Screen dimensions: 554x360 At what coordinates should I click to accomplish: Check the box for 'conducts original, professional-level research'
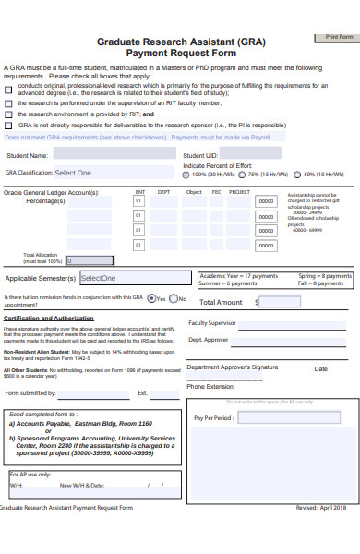tap(9, 85)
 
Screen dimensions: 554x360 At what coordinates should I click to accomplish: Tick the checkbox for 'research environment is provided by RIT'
tap(9, 114)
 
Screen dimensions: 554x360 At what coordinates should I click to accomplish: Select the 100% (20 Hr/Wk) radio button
tap(186, 174)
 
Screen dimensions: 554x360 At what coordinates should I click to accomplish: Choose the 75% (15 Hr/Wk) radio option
tap(243, 174)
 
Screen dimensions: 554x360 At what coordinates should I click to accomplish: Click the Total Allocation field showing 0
tap(96, 260)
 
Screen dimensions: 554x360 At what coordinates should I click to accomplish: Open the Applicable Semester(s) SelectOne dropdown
tap(135, 278)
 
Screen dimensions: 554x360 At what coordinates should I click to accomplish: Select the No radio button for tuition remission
tap(173, 298)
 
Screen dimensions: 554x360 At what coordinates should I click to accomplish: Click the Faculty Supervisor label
tap(212, 322)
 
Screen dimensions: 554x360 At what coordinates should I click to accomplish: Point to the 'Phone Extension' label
tap(210, 386)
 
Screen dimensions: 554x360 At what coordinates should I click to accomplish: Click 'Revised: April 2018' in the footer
tap(320, 508)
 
